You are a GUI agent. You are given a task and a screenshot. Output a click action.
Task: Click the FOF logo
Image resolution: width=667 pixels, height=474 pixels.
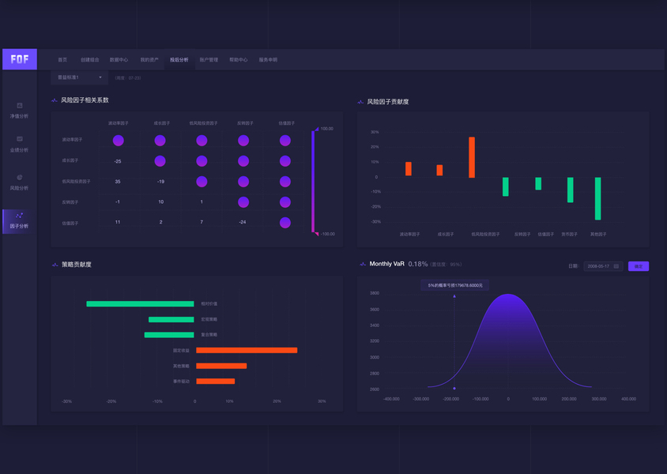(x=20, y=59)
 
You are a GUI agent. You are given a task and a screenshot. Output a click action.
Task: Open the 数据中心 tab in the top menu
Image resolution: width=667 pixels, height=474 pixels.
(x=119, y=60)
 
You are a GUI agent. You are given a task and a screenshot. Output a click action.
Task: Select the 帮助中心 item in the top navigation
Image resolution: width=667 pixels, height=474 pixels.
(x=238, y=60)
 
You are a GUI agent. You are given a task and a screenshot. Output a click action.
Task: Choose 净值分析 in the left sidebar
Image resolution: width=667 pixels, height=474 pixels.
(x=19, y=111)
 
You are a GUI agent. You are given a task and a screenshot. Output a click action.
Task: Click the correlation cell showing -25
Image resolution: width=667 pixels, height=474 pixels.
(x=118, y=161)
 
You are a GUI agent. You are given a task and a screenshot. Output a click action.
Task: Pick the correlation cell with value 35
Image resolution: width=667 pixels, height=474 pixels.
(x=118, y=182)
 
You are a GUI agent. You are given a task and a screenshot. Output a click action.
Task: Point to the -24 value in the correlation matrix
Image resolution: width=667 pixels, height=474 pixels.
(x=243, y=223)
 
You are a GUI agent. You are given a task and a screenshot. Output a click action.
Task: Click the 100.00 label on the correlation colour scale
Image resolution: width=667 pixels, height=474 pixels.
(x=326, y=129)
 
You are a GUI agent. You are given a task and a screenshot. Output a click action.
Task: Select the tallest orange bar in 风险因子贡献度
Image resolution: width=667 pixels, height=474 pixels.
(x=472, y=157)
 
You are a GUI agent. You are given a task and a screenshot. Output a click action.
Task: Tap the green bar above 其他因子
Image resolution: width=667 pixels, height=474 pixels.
(x=598, y=198)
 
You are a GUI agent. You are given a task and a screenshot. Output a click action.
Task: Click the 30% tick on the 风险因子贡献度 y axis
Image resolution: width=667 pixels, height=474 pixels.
(x=375, y=133)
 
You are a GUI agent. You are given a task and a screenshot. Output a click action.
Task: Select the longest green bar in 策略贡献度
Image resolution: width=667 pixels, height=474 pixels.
(x=140, y=303)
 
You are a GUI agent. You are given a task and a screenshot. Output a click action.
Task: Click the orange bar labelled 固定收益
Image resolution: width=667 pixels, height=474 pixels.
(x=247, y=350)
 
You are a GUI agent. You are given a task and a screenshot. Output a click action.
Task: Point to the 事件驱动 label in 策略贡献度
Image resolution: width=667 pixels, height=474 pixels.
(x=181, y=382)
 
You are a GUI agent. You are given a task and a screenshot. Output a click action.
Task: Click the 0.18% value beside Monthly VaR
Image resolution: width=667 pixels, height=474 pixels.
(x=418, y=264)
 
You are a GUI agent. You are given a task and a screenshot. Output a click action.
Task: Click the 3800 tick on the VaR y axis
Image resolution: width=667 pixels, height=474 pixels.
(x=375, y=293)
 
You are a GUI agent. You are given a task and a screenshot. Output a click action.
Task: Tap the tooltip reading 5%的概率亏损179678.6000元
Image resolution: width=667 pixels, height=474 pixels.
(x=454, y=285)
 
